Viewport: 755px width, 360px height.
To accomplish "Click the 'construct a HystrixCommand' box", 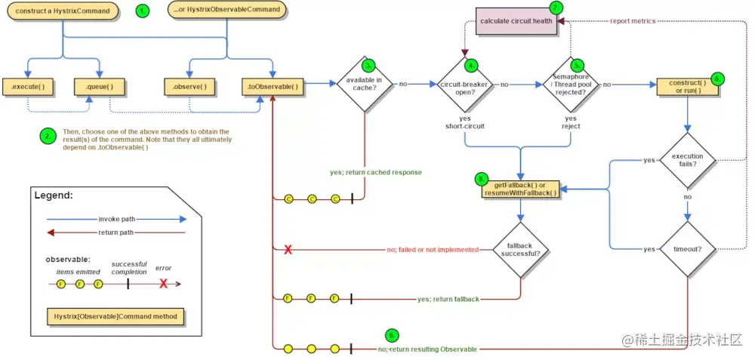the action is (x=63, y=11).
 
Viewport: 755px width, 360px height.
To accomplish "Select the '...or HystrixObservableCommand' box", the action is (x=226, y=10).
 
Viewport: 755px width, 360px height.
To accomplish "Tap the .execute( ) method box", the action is (x=27, y=87).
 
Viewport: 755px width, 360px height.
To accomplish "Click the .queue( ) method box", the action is (x=100, y=87).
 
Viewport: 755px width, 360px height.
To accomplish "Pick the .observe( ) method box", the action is (x=189, y=87).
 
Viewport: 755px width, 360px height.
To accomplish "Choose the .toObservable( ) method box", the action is (x=273, y=87).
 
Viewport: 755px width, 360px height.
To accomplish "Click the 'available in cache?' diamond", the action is (x=365, y=84).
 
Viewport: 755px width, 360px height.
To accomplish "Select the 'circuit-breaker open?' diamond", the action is (x=464, y=85).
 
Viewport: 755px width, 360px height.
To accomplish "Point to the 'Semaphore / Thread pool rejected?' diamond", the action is (x=571, y=85).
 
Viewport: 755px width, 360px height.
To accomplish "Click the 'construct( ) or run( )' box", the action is (x=688, y=87).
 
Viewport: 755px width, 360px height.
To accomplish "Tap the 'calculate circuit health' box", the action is (x=516, y=22).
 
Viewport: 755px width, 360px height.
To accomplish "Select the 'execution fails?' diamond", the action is (x=688, y=160).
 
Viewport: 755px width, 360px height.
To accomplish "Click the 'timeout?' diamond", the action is (x=688, y=249).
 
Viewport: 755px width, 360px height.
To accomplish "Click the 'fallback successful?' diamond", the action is (x=520, y=249).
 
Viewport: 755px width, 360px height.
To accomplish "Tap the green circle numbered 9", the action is (x=393, y=335).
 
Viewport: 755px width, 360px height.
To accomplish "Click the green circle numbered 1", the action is (x=142, y=11).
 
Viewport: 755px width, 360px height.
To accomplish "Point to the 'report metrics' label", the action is (x=632, y=21).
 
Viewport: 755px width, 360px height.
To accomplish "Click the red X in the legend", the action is (x=164, y=284).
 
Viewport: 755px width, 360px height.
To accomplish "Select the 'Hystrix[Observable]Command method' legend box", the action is (x=116, y=317).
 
